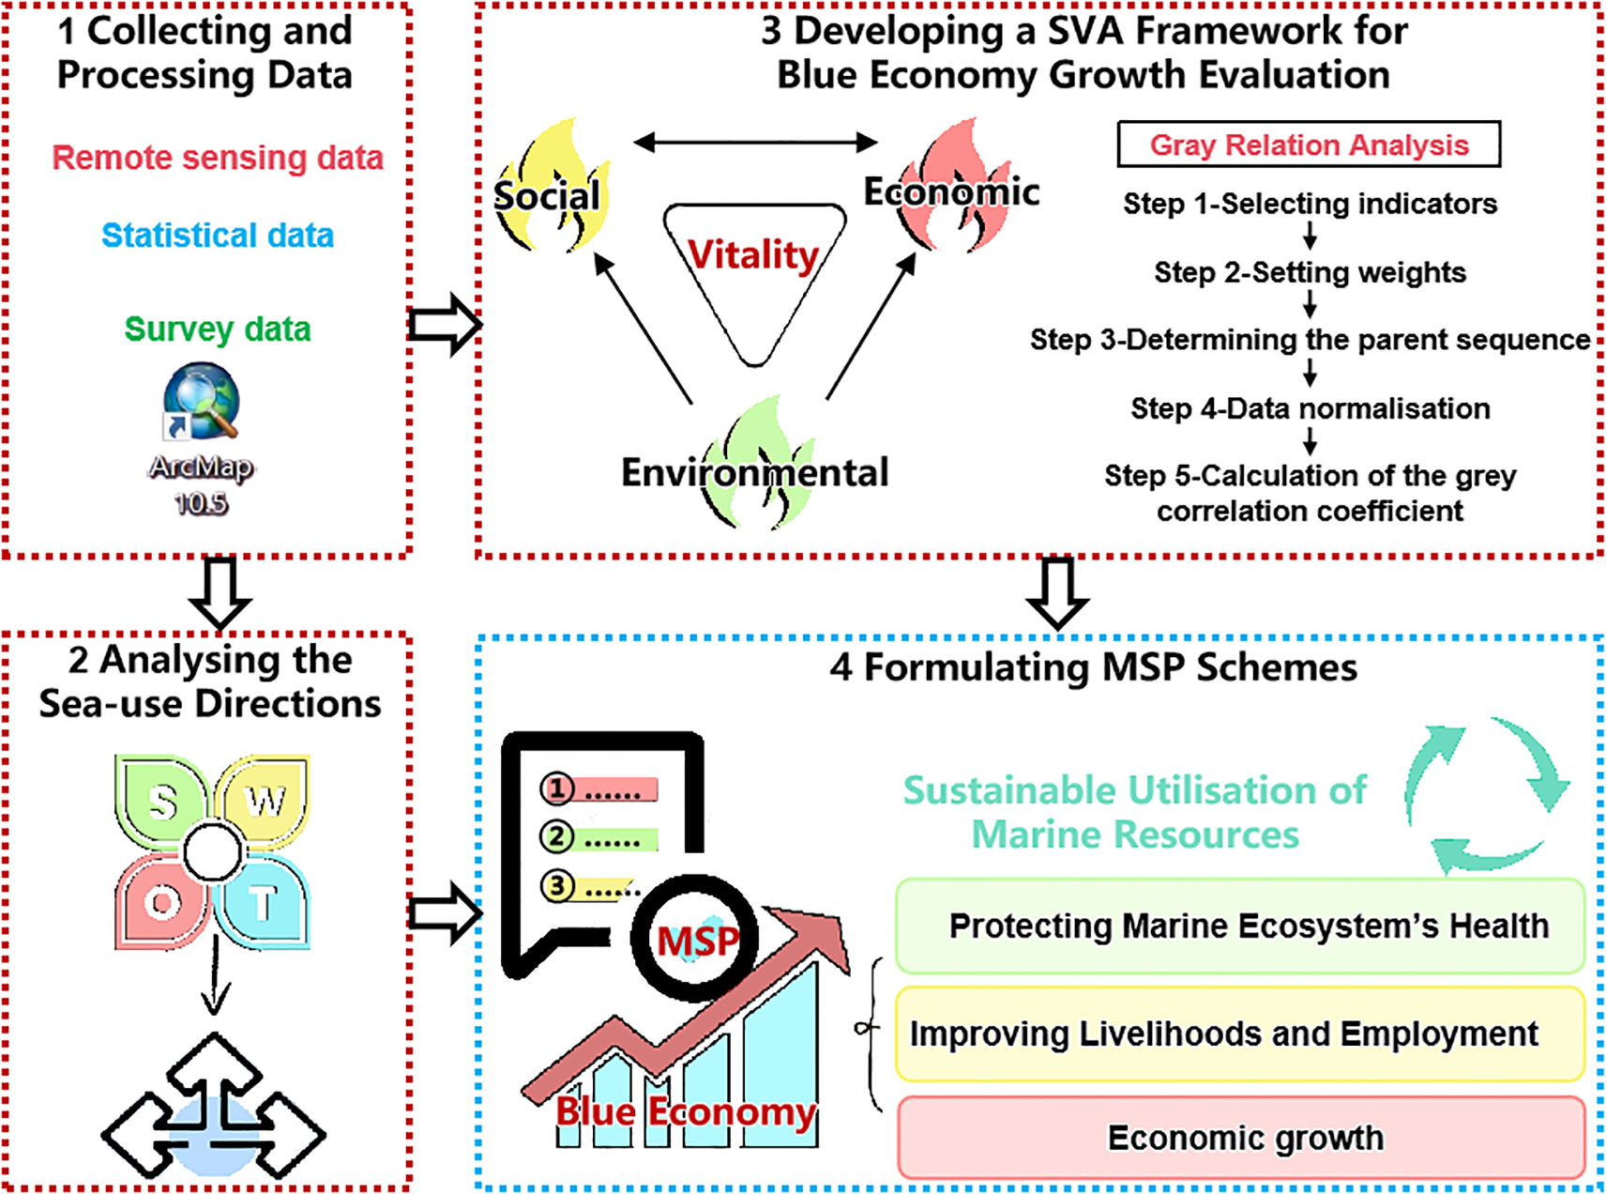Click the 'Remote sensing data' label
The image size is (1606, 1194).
click(218, 158)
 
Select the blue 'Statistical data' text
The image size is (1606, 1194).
click(218, 235)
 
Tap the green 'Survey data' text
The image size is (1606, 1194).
click(218, 329)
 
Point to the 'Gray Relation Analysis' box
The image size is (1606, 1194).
click(1309, 145)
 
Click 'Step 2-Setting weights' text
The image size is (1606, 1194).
click(1310, 272)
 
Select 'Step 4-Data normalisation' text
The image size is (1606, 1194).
click(1310, 408)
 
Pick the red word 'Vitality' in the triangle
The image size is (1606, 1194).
click(753, 254)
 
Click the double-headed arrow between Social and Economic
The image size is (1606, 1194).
click(755, 143)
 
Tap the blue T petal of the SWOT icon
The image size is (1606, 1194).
click(263, 903)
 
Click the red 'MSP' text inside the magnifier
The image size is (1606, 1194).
click(697, 941)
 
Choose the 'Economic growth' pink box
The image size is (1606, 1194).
click(1241, 1137)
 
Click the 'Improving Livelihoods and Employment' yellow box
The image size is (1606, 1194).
click(1239, 1033)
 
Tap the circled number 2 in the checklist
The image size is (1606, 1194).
click(557, 836)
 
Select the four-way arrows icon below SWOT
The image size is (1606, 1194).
click(214, 1108)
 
